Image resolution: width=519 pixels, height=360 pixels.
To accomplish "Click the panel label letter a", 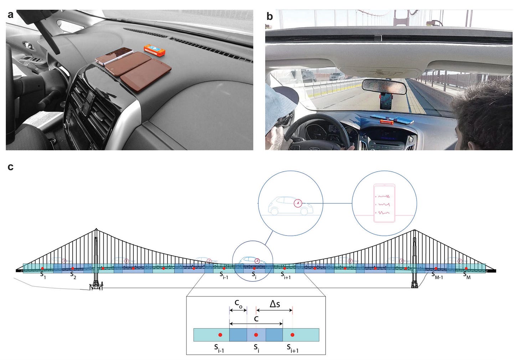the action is pos(10,15).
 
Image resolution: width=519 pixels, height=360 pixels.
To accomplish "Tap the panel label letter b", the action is pos(270,16).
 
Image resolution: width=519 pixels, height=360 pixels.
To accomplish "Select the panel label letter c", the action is pos(10,167).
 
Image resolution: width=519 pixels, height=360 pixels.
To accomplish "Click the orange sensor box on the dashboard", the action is pos(154,50).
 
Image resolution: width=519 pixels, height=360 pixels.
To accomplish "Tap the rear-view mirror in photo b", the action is pos(384,87).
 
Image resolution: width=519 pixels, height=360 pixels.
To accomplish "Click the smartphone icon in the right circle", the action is pos(384,203).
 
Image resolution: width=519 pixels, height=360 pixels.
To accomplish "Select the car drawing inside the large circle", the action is pos(290,206).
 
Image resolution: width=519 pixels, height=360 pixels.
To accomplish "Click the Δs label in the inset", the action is pos(274,304).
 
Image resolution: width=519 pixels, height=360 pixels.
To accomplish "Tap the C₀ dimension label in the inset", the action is pos(238,303).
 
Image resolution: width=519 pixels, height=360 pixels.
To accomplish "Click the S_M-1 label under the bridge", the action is pos(437,274).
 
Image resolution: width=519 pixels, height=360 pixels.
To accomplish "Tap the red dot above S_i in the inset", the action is pos(256,335).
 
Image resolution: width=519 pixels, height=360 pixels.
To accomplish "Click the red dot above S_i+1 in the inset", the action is pos(292,335).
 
